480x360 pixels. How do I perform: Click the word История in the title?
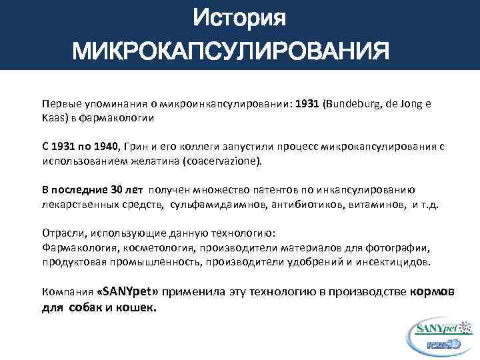point(239,19)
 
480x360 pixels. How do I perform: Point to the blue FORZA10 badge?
point(442,344)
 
